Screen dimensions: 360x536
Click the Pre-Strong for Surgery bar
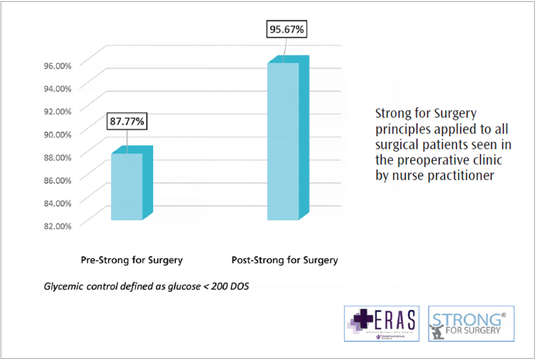point(127,187)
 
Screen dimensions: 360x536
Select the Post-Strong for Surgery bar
point(284,141)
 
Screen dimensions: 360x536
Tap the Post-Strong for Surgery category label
point(285,260)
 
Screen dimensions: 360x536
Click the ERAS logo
point(382,323)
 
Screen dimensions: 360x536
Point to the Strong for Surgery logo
point(465,323)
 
